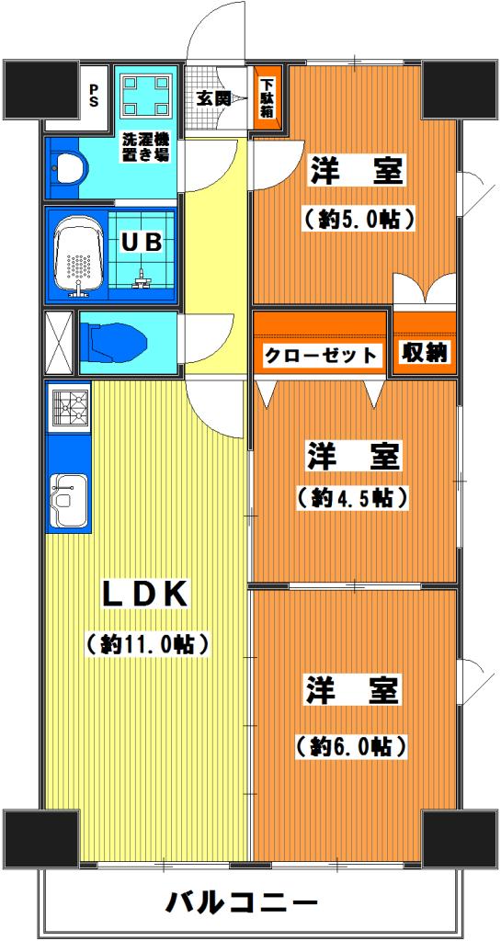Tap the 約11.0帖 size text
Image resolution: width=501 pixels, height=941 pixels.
pos(146,644)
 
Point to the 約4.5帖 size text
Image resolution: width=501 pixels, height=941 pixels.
pos(353,497)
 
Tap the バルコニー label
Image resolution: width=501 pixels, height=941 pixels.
pos(241,902)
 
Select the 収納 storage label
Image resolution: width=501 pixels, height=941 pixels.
pos(425,353)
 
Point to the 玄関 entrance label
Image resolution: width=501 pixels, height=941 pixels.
pos(218,98)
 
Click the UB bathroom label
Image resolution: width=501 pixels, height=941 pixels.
pos(142,243)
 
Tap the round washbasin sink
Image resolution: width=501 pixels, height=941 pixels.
pos(70,168)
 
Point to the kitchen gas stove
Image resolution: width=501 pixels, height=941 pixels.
pos(70,407)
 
